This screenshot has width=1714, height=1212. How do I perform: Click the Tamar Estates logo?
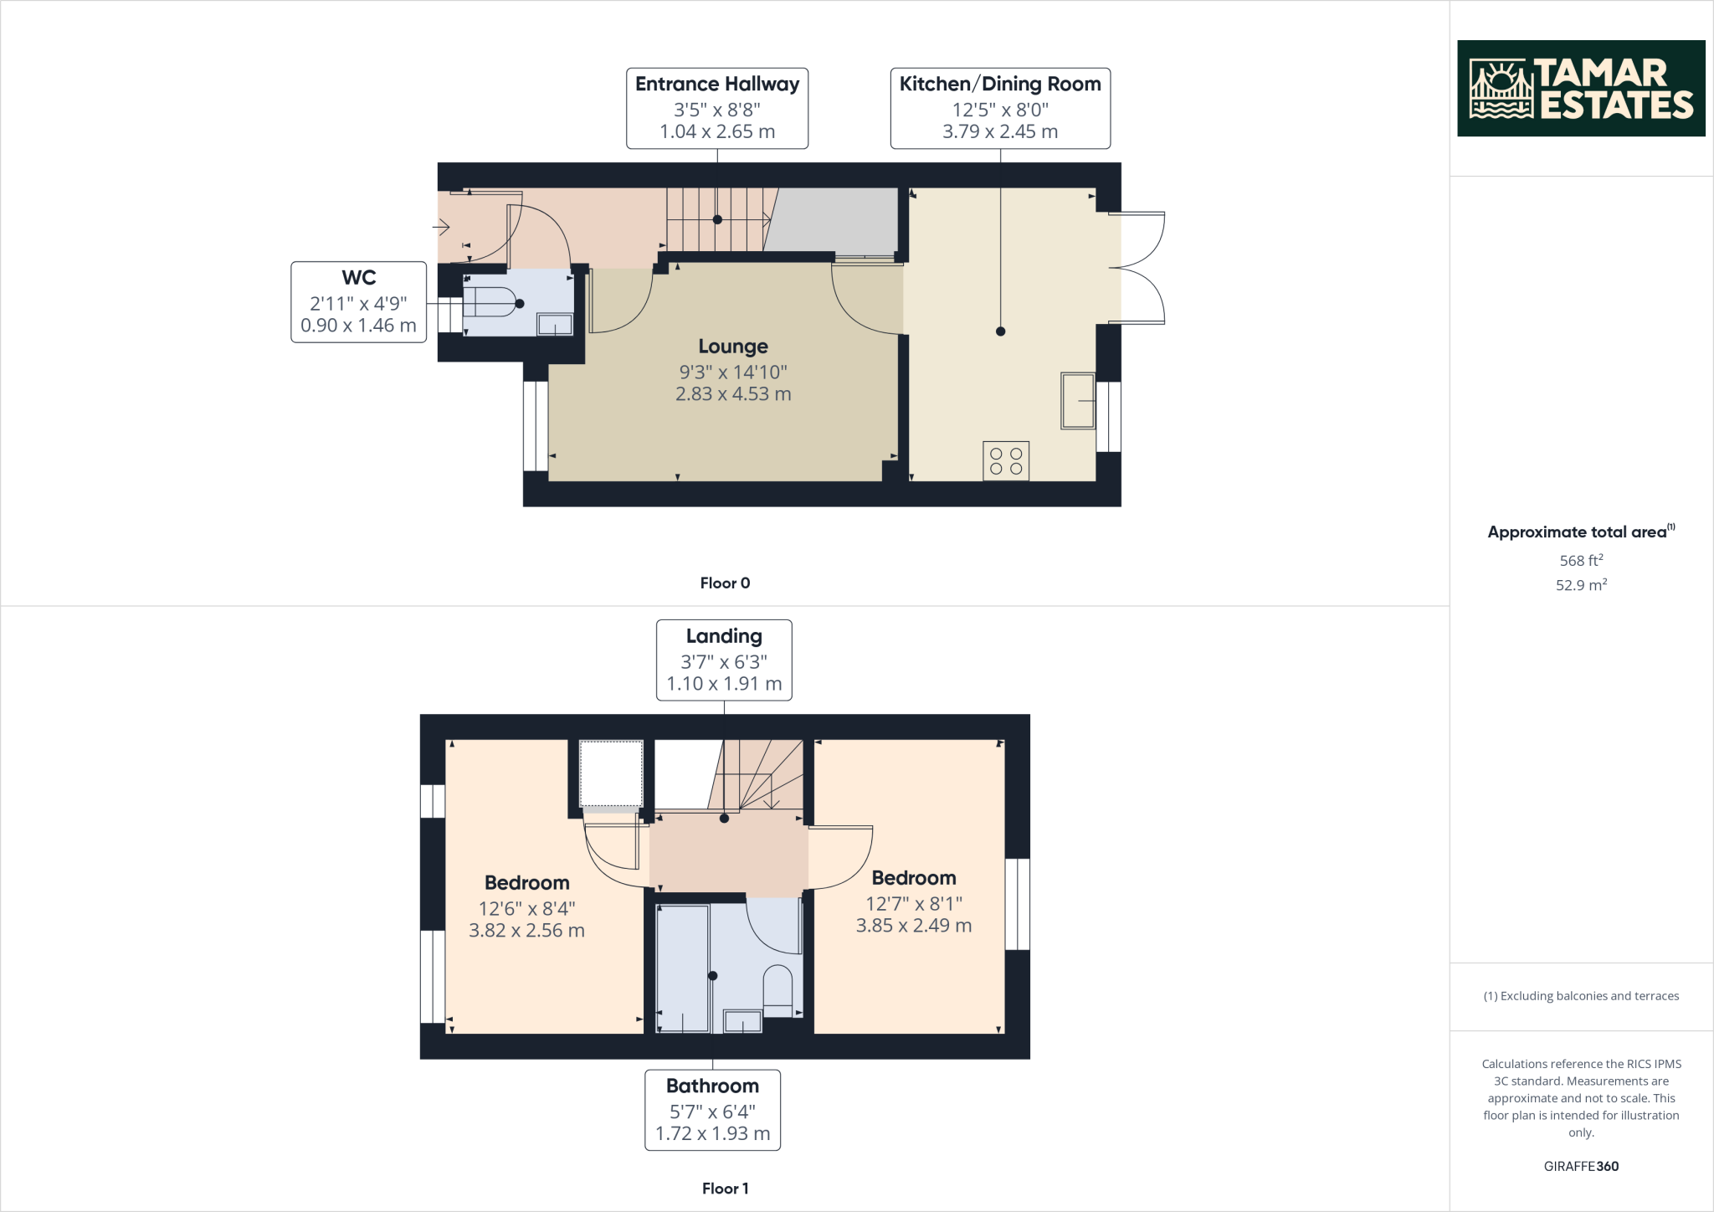tap(1580, 88)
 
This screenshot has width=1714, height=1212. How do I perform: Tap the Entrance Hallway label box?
tap(717, 109)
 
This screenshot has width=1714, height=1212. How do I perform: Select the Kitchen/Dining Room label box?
tap(1000, 109)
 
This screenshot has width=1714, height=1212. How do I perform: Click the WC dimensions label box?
tap(358, 302)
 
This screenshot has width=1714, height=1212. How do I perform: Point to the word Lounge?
tap(733, 347)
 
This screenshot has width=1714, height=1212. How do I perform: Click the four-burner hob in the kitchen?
tap(1006, 461)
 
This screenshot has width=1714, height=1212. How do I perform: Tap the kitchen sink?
tap(1078, 401)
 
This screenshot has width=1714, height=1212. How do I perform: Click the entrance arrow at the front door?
tap(441, 226)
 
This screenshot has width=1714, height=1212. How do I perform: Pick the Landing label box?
tap(724, 660)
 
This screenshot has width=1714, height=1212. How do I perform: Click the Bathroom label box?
tap(712, 1110)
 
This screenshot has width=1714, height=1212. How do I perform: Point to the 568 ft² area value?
tap(1581, 561)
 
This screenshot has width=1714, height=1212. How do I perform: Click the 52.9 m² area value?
tap(1581, 585)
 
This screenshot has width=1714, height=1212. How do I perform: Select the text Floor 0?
tap(725, 583)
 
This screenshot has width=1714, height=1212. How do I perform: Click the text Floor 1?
tap(725, 1189)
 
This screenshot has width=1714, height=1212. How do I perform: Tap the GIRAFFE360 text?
tap(1581, 1166)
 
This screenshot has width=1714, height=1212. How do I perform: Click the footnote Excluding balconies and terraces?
tap(1581, 996)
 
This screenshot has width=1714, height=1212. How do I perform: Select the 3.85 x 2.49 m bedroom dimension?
tap(913, 926)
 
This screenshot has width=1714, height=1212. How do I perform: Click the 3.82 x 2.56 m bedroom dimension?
tap(526, 931)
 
